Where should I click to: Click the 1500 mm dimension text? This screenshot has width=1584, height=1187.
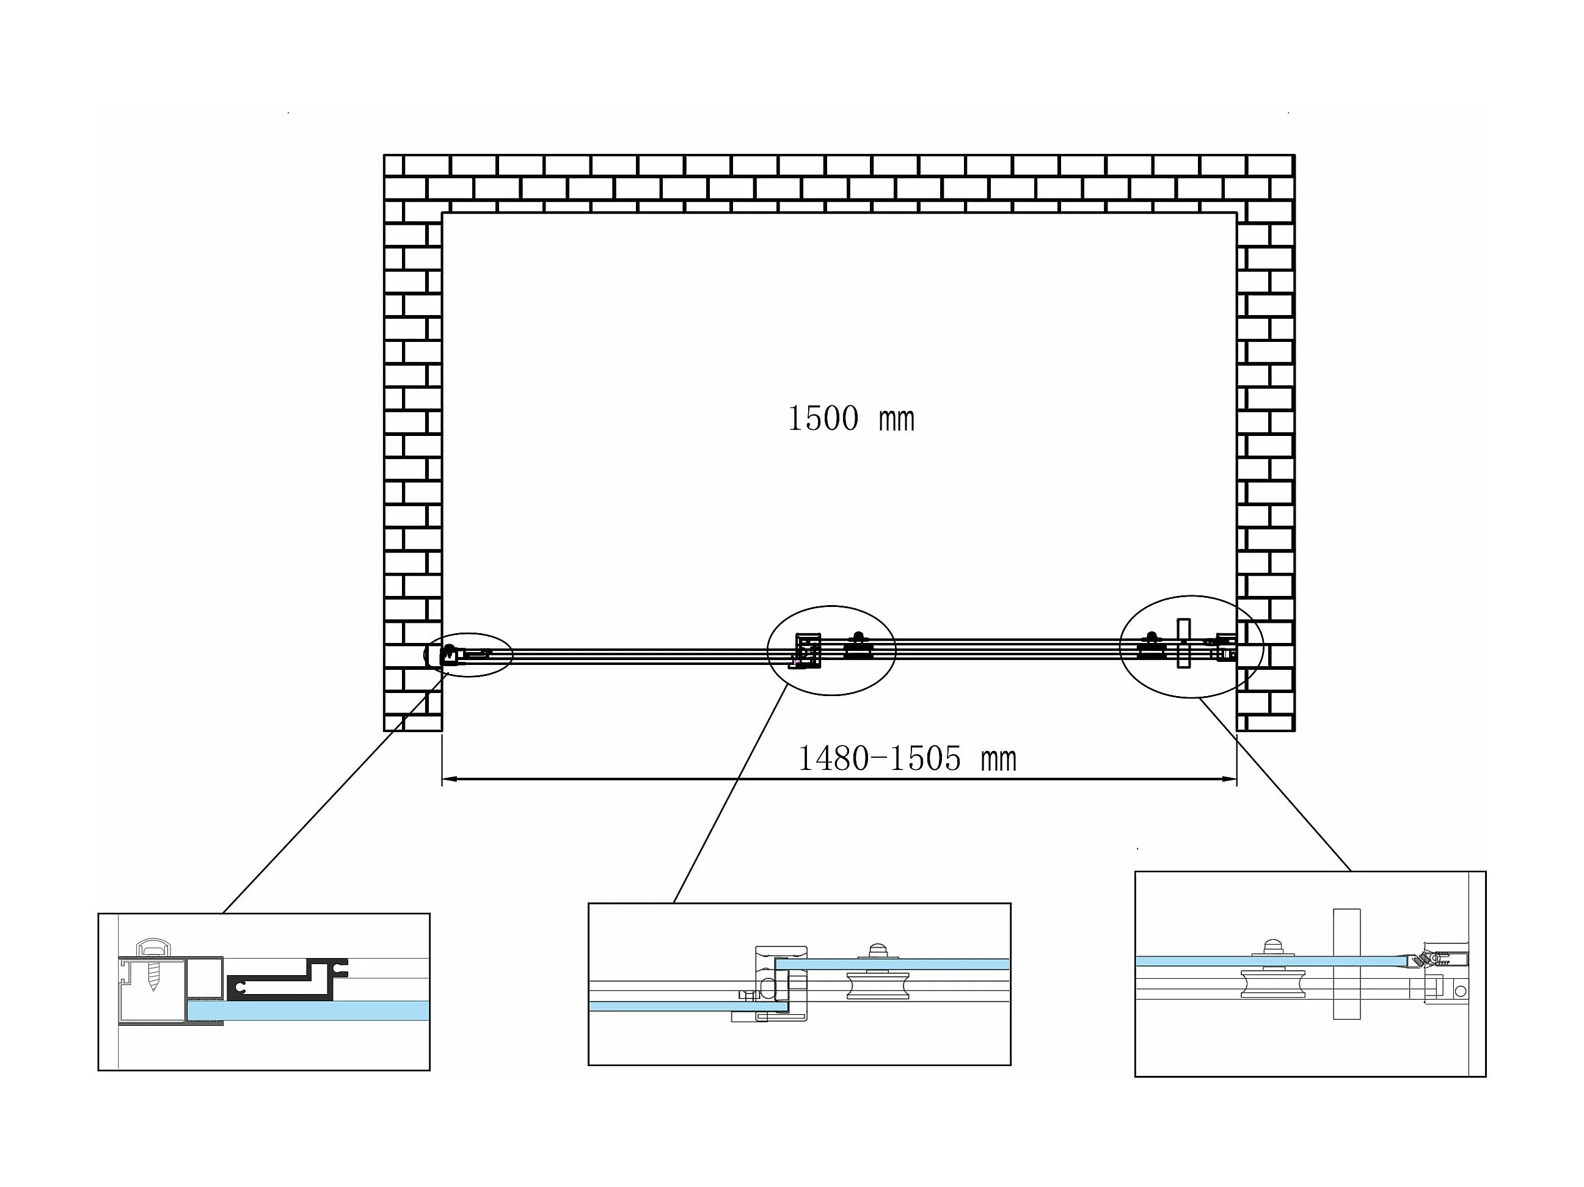tap(851, 419)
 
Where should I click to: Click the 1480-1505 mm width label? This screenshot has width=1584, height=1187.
tap(907, 758)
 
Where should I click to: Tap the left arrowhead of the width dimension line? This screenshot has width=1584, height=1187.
tap(450, 779)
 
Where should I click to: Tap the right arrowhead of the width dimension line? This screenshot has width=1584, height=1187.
tap(1229, 779)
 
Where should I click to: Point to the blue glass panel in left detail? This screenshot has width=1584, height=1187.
tap(308, 1010)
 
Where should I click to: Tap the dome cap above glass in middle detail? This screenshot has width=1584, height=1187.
tap(878, 951)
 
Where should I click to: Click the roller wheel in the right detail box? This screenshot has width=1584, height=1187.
tap(1272, 984)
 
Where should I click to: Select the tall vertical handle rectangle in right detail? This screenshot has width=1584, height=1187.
tap(1346, 964)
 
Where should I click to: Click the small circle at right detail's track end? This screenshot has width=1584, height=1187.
tap(1460, 992)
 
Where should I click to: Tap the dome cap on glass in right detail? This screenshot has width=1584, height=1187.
tap(1272, 947)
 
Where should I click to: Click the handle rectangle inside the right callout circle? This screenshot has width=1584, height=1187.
tap(1184, 643)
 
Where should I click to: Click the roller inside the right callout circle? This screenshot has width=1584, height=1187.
tap(1152, 647)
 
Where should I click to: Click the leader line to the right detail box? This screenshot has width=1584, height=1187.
tap(1276, 785)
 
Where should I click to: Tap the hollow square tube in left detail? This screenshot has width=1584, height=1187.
tap(205, 978)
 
